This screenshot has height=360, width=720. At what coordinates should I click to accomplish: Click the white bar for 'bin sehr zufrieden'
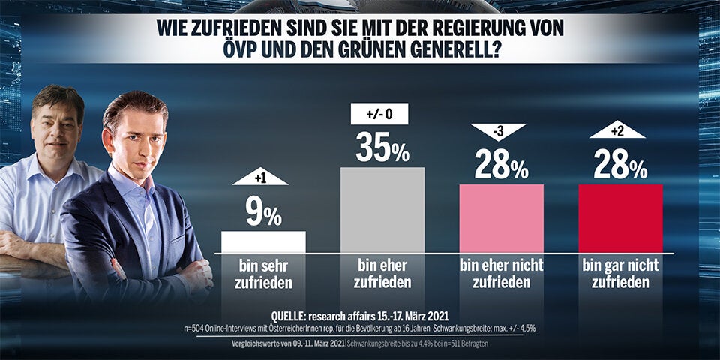tap(263, 241)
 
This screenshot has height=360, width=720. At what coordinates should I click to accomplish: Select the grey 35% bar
tap(382, 209)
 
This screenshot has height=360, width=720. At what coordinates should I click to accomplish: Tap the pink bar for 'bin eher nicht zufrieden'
tap(501, 218)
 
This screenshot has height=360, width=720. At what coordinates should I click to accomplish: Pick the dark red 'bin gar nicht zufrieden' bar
tap(620, 218)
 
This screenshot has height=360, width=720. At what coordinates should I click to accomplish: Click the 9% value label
tap(263, 214)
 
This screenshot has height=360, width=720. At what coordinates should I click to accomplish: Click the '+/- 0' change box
tap(379, 114)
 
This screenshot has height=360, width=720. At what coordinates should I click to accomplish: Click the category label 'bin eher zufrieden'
tap(382, 274)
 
